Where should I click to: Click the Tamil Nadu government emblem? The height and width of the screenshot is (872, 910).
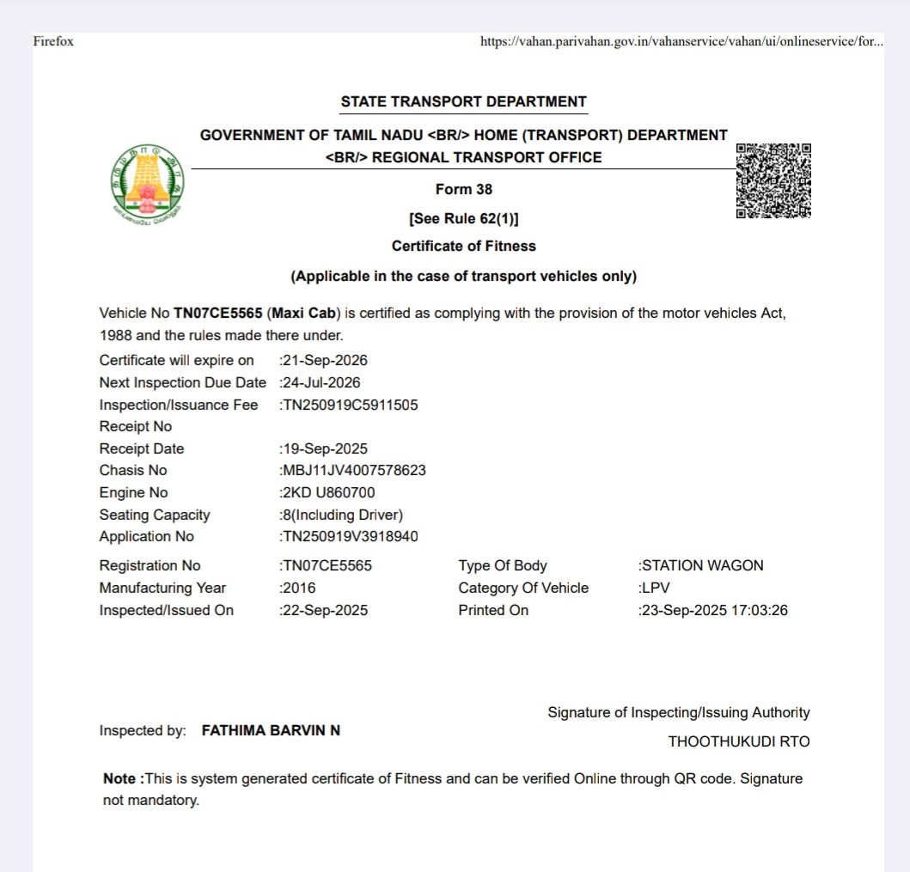148,182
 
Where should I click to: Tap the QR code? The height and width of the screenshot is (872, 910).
773,181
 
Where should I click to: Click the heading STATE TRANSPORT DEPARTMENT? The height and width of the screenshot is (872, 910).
463,101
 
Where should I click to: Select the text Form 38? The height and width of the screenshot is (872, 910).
464,189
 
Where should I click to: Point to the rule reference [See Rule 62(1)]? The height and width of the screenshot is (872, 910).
464,218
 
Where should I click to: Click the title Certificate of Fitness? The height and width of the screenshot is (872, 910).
463,246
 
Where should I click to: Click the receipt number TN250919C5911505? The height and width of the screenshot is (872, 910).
350,405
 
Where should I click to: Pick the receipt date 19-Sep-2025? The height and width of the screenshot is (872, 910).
325,448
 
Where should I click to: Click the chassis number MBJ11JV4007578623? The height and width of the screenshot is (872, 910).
354,470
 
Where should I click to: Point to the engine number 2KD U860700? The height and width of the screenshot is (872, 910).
328,492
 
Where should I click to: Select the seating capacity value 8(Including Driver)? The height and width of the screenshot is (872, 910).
342,515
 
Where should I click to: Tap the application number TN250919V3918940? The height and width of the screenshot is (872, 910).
350,536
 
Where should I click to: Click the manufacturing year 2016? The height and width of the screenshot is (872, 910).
299,588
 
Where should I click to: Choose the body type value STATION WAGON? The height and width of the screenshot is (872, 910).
702,565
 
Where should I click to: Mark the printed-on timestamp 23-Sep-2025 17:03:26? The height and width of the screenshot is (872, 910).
714,610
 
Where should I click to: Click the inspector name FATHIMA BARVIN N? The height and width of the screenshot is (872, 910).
271,730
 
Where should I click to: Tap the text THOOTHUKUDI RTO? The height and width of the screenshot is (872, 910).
739,741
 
